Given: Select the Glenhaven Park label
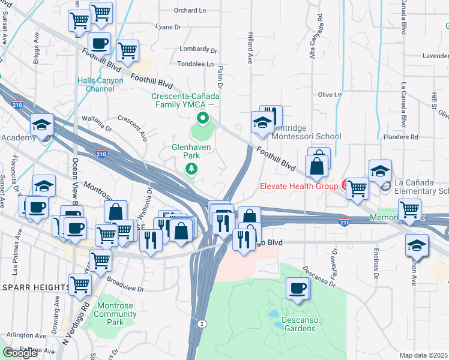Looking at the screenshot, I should click(x=190, y=150).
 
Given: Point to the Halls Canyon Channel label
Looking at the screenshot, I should click(x=100, y=85).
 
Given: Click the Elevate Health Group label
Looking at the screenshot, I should click(x=299, y=186).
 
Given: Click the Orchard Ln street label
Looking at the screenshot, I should click(x=189, y=10).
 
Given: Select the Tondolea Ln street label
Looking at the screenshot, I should click(x=195, y=64).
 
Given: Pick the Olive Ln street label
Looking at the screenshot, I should click(x=330, y=95).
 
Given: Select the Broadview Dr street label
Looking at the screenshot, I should click(x=125, y=284).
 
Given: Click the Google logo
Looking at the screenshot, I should click(x=20, y=352).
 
